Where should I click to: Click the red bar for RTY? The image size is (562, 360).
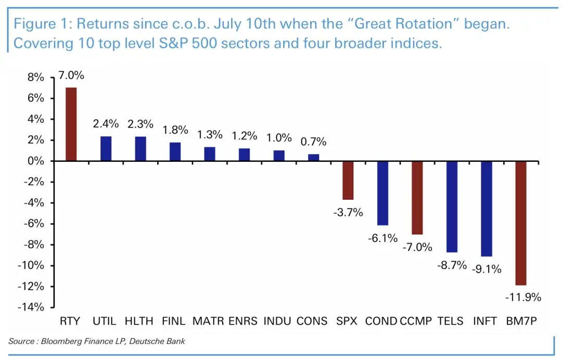(71, 124)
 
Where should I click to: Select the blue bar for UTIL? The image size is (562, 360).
(106, 149)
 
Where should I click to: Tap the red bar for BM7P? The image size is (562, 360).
(521, 223)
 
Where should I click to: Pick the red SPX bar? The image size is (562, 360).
(348, 181)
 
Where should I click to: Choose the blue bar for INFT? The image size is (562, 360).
(487, 209)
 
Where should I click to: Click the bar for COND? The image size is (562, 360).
(382, 193)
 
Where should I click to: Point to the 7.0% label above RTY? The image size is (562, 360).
(71, 76)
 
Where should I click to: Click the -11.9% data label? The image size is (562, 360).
(523, 298)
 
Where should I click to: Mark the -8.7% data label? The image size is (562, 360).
(452, 265)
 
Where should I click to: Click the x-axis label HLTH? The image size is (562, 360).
(140, 321)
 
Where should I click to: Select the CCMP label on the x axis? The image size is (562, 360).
(416, 321)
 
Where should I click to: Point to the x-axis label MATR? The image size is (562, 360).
(208, 321)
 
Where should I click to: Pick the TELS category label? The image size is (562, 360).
(451, 321)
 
